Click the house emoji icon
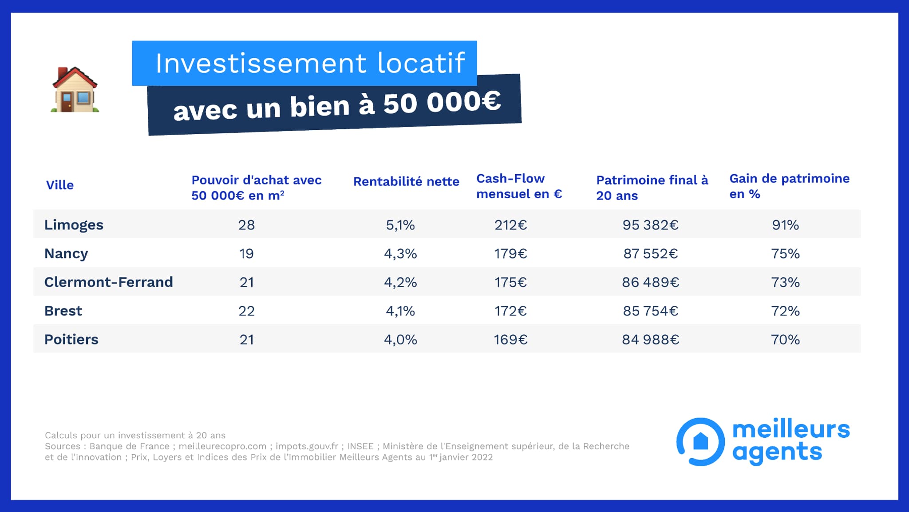[x=75, y=90]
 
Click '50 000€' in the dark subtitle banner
[x=442, y=102]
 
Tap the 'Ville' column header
[x=60, y=185]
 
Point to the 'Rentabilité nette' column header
[x=406, y=181]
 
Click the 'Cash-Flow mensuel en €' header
[x=519, y=186]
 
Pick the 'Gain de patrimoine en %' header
[x=789, y=186]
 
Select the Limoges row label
[x=74, y=225]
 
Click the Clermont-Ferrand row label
[x=108, y=282]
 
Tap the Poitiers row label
[x=71, y=340]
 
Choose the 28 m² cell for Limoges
[x=246, y=225]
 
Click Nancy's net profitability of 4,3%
[x=400, y=254]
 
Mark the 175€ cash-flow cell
[x=510, y=282]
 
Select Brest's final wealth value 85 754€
[x=650, y=311]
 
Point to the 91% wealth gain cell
[x=785, y=225]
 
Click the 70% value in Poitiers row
[x=785, y=340]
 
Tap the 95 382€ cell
[x=650, y=225]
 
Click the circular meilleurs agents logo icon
[x=700, y=441]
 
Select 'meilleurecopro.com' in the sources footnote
[x=222, y=446]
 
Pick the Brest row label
[x=63, y=311]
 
